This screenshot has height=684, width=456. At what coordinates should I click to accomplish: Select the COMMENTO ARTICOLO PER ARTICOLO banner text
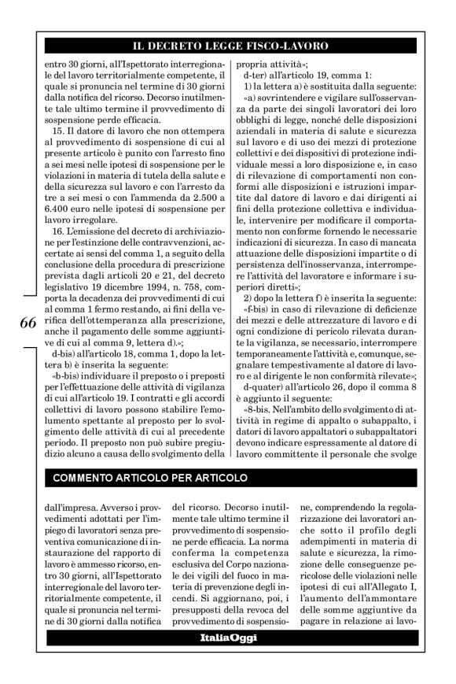coord(150,479)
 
